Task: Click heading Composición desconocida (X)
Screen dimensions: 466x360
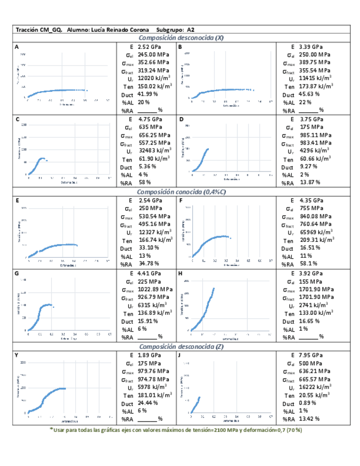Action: pos(180,38)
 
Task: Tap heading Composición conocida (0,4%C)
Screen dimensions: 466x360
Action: pos(180,192)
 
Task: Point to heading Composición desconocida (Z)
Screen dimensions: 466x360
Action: pos(180,347)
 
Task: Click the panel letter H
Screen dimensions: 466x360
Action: pos(180,273)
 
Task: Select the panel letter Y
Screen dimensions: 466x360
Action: pos(18,356)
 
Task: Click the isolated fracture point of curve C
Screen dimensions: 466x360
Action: pos(47,160)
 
